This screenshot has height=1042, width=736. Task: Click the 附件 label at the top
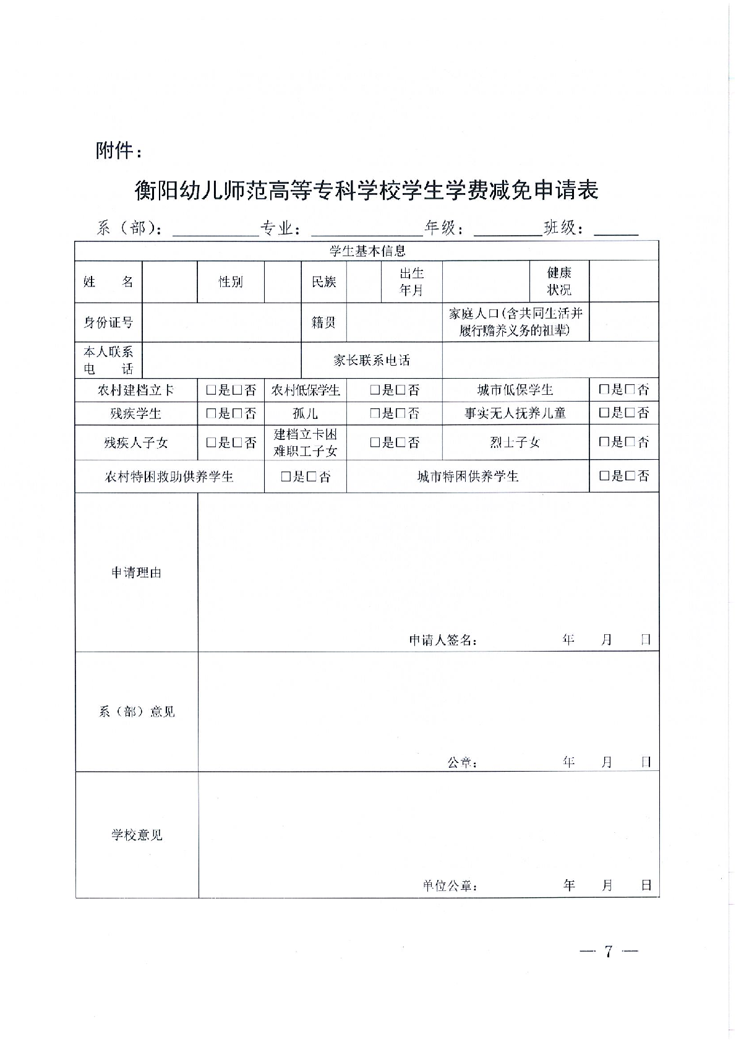pyautogui.click(x=118, y=150)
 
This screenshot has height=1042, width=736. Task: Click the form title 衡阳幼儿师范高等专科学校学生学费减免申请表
pyautogui.click(x=367, y=190)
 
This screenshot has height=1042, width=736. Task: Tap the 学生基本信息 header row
pyautogui.click(x=367, y=251)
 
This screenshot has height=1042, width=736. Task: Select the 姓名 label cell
pyautogui.click(x=108, y=282)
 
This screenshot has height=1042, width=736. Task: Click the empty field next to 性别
pyautogui.click(x=283, y=282)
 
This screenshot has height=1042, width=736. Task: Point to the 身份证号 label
pyautogui.click(x=108, y=322)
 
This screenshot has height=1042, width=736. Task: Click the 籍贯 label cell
pyautogui.click(x=323, y=322)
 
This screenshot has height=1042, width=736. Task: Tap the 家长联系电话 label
pyautogui.click(x=372, y=360)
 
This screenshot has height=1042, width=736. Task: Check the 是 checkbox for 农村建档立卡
pyautogui.click(x=210, y=390)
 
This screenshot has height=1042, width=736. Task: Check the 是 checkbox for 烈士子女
pyautogui.click(x=604, y=442)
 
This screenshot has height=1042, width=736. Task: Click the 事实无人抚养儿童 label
pyautogui.click(x=515, y=413)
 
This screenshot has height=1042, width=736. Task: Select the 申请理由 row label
pyautogui.click(x=136, y=573)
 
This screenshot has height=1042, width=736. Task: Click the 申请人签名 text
pyautogui.click(x=443, y=640)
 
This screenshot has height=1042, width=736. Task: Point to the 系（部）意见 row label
pyautogui.click(x=136, y=712)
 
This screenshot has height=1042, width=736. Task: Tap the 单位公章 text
pyautogui.click(x=450, y=885)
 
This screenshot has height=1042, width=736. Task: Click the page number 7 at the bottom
pyautogui.click(x=609, y=952)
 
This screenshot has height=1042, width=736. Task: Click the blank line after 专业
pyautogui.click(x=366, y=230)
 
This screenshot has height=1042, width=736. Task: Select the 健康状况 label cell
pyautogui.click(x=559, y=282)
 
